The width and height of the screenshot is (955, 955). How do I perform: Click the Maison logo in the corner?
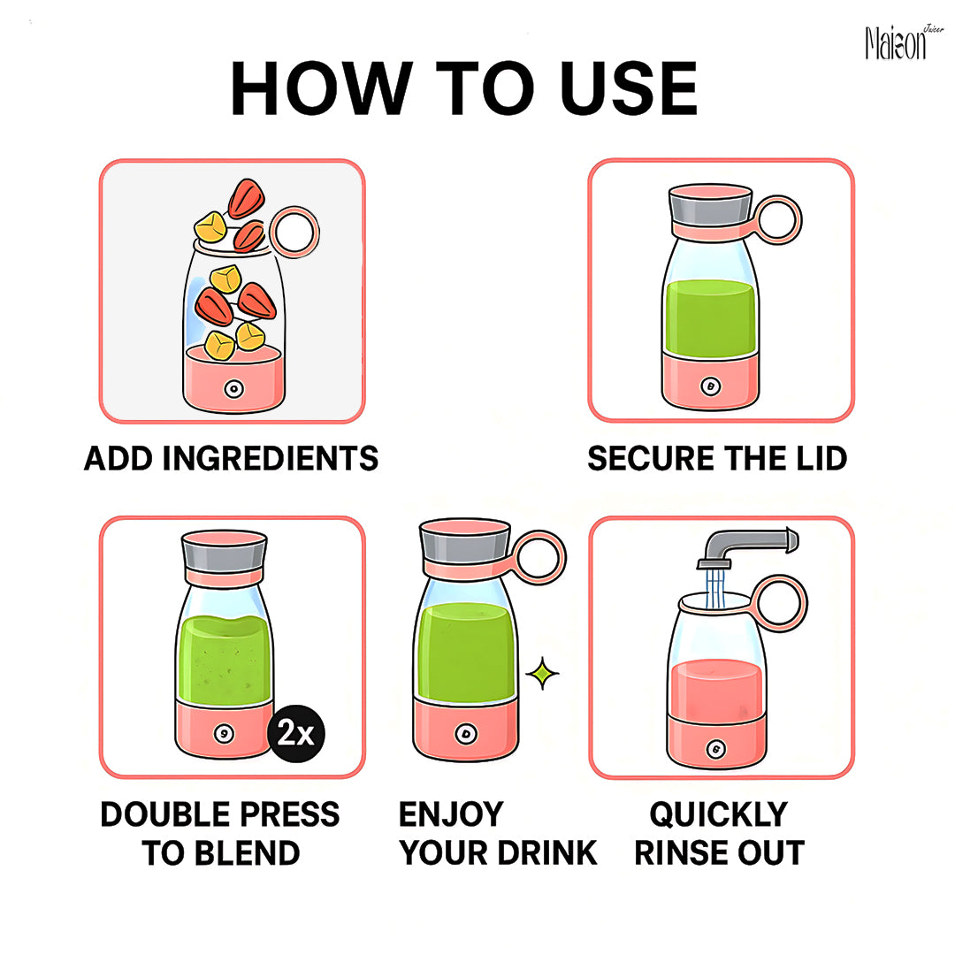904,42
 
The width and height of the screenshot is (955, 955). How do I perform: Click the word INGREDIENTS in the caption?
271,459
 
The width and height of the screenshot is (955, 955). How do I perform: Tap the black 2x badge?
296,733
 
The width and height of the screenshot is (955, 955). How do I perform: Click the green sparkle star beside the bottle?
542,674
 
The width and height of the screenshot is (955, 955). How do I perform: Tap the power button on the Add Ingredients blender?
233,388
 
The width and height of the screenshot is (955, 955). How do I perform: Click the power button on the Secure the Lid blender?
711,386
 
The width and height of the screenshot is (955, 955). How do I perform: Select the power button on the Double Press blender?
224,733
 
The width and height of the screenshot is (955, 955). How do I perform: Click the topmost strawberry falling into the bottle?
246,199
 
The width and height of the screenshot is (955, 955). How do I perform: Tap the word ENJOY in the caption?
451,814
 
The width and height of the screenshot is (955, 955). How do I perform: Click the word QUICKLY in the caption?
719,814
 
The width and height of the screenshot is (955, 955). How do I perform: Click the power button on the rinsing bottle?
716,749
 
